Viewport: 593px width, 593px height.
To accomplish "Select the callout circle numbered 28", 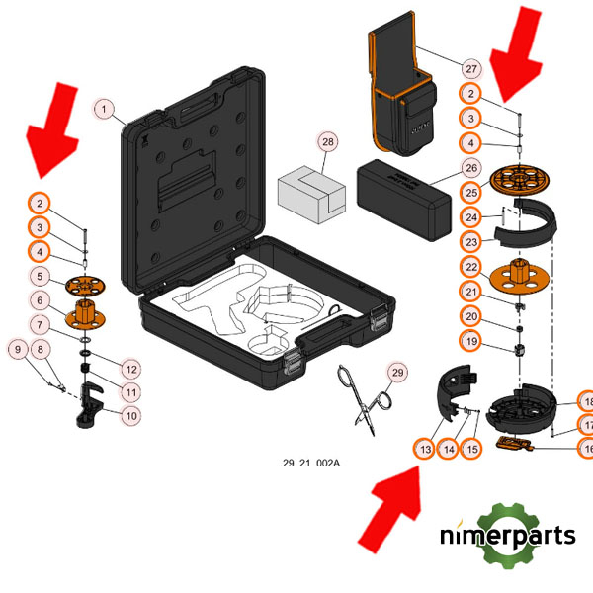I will (328, 142).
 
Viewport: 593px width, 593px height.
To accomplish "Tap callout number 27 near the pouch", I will (470, 68).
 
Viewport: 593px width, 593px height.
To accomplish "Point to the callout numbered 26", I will (471, 167).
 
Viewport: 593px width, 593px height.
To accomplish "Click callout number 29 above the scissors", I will (397, 373).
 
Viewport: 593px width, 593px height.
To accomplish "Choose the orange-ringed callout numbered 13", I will (425, 449).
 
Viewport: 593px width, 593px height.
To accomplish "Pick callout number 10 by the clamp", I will (130, 415).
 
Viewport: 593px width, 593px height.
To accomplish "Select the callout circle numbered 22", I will (471, 267).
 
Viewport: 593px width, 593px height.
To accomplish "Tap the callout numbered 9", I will (17, 348).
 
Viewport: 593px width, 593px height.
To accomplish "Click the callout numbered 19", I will (471, 341).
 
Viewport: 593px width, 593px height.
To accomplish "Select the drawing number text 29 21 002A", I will (311, 463).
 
